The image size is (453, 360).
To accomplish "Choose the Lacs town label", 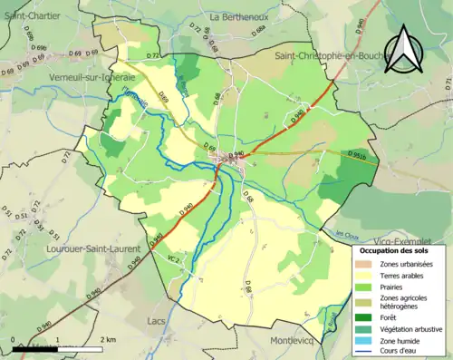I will coord(157,320).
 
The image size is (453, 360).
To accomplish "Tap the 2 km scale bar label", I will coord(109,338).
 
